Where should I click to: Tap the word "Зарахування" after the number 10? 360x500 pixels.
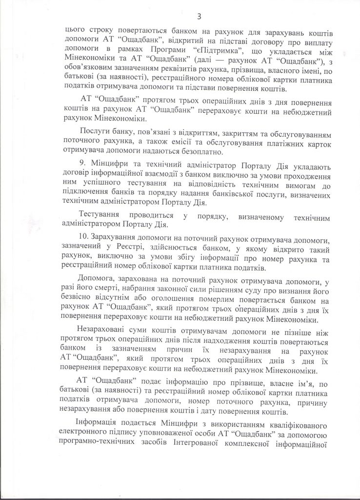tap(119, 238)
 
